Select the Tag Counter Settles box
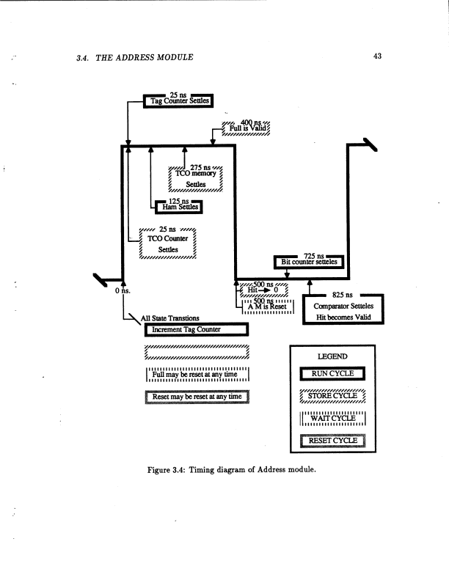(178, 100)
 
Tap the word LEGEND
(334, 357)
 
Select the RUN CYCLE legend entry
(333, 374)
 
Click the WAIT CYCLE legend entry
(333, 419)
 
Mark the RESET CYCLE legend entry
(333, 441)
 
